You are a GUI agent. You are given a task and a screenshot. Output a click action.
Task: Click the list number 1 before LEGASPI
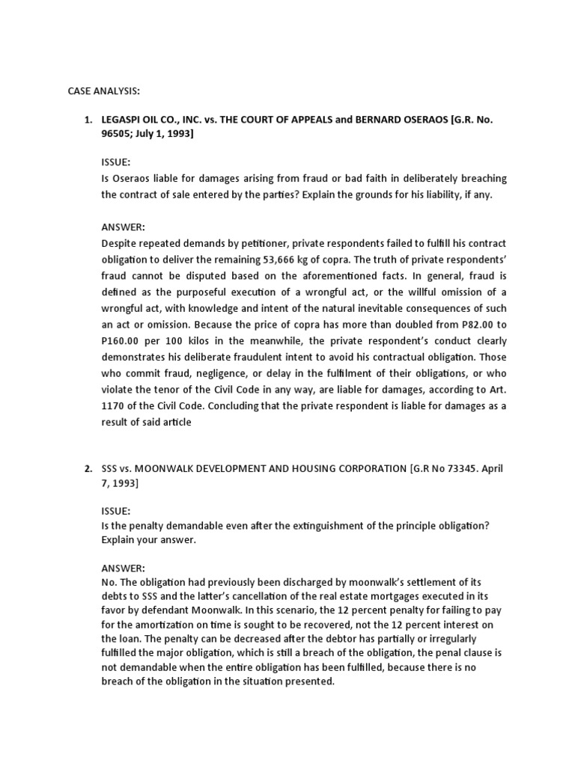pyautogui.click(x=87, y=120)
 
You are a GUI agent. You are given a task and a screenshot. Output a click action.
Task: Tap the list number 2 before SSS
pyautogui.click(x=87, y=468)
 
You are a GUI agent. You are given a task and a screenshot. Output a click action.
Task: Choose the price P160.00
pyautogui.click(x=124, y=341)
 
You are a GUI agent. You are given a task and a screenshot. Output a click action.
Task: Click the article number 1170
pyautogui.click(x=115, y=406)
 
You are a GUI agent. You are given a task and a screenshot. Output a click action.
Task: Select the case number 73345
pyautogui.click(x=463, y=468)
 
